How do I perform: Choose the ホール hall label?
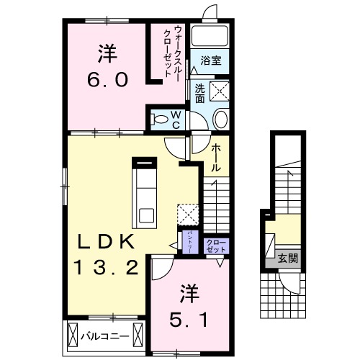(x=215, y=158)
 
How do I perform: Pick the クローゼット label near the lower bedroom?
(x=216, y=245)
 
